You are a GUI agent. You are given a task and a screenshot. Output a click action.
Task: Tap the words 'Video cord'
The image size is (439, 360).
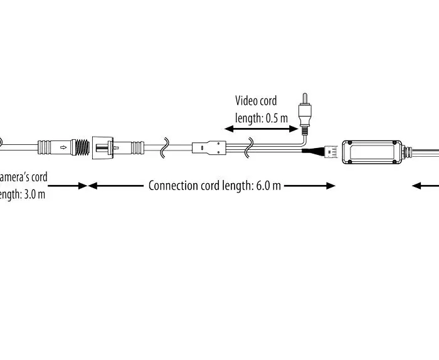(256, 100)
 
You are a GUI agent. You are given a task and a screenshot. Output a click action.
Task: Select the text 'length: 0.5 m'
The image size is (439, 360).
(262, 117)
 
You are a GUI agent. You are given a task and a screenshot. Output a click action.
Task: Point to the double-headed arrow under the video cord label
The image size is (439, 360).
(261, 129)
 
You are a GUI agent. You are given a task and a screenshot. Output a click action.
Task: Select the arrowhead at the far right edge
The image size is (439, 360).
(416, 186)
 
